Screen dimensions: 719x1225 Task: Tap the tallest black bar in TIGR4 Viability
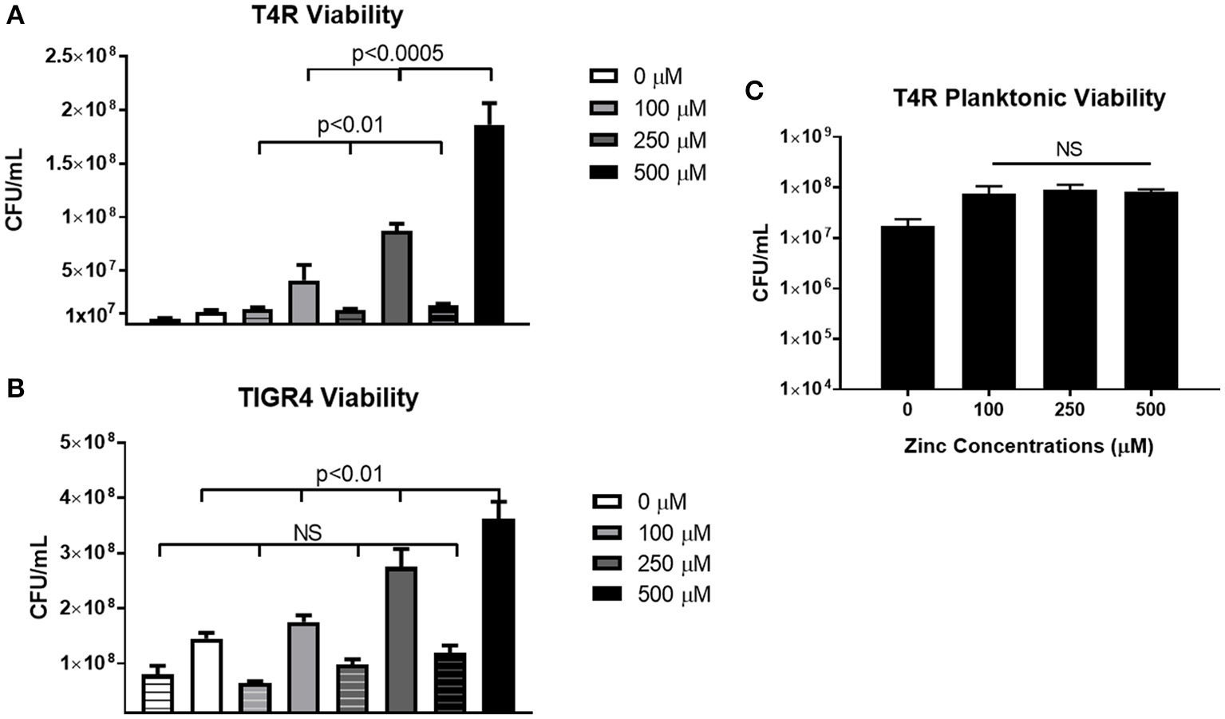[x=498, y=614]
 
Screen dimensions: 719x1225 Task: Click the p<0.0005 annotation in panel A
[x=397, y=53]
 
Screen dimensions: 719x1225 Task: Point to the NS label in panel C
[x=1069, y=149]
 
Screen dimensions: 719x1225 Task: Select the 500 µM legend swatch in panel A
[x=604, y=172]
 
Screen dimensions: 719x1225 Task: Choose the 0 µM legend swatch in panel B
[x=608, y=502]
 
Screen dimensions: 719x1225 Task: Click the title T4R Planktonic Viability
[x=1029, y=98]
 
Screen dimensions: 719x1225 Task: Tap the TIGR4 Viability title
[x=327, y=397]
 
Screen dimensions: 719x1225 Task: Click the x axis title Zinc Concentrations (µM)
[x=1029, y=446]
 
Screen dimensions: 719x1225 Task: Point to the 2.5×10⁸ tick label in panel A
[x=89, y=56]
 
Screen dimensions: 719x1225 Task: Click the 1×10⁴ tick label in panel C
[x=816, y=389]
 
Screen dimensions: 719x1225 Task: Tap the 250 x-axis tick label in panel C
[x=1069, y=410]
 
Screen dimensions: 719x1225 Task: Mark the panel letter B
[x=15, y=389]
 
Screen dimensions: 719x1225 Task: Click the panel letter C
[x=753, y=91]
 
